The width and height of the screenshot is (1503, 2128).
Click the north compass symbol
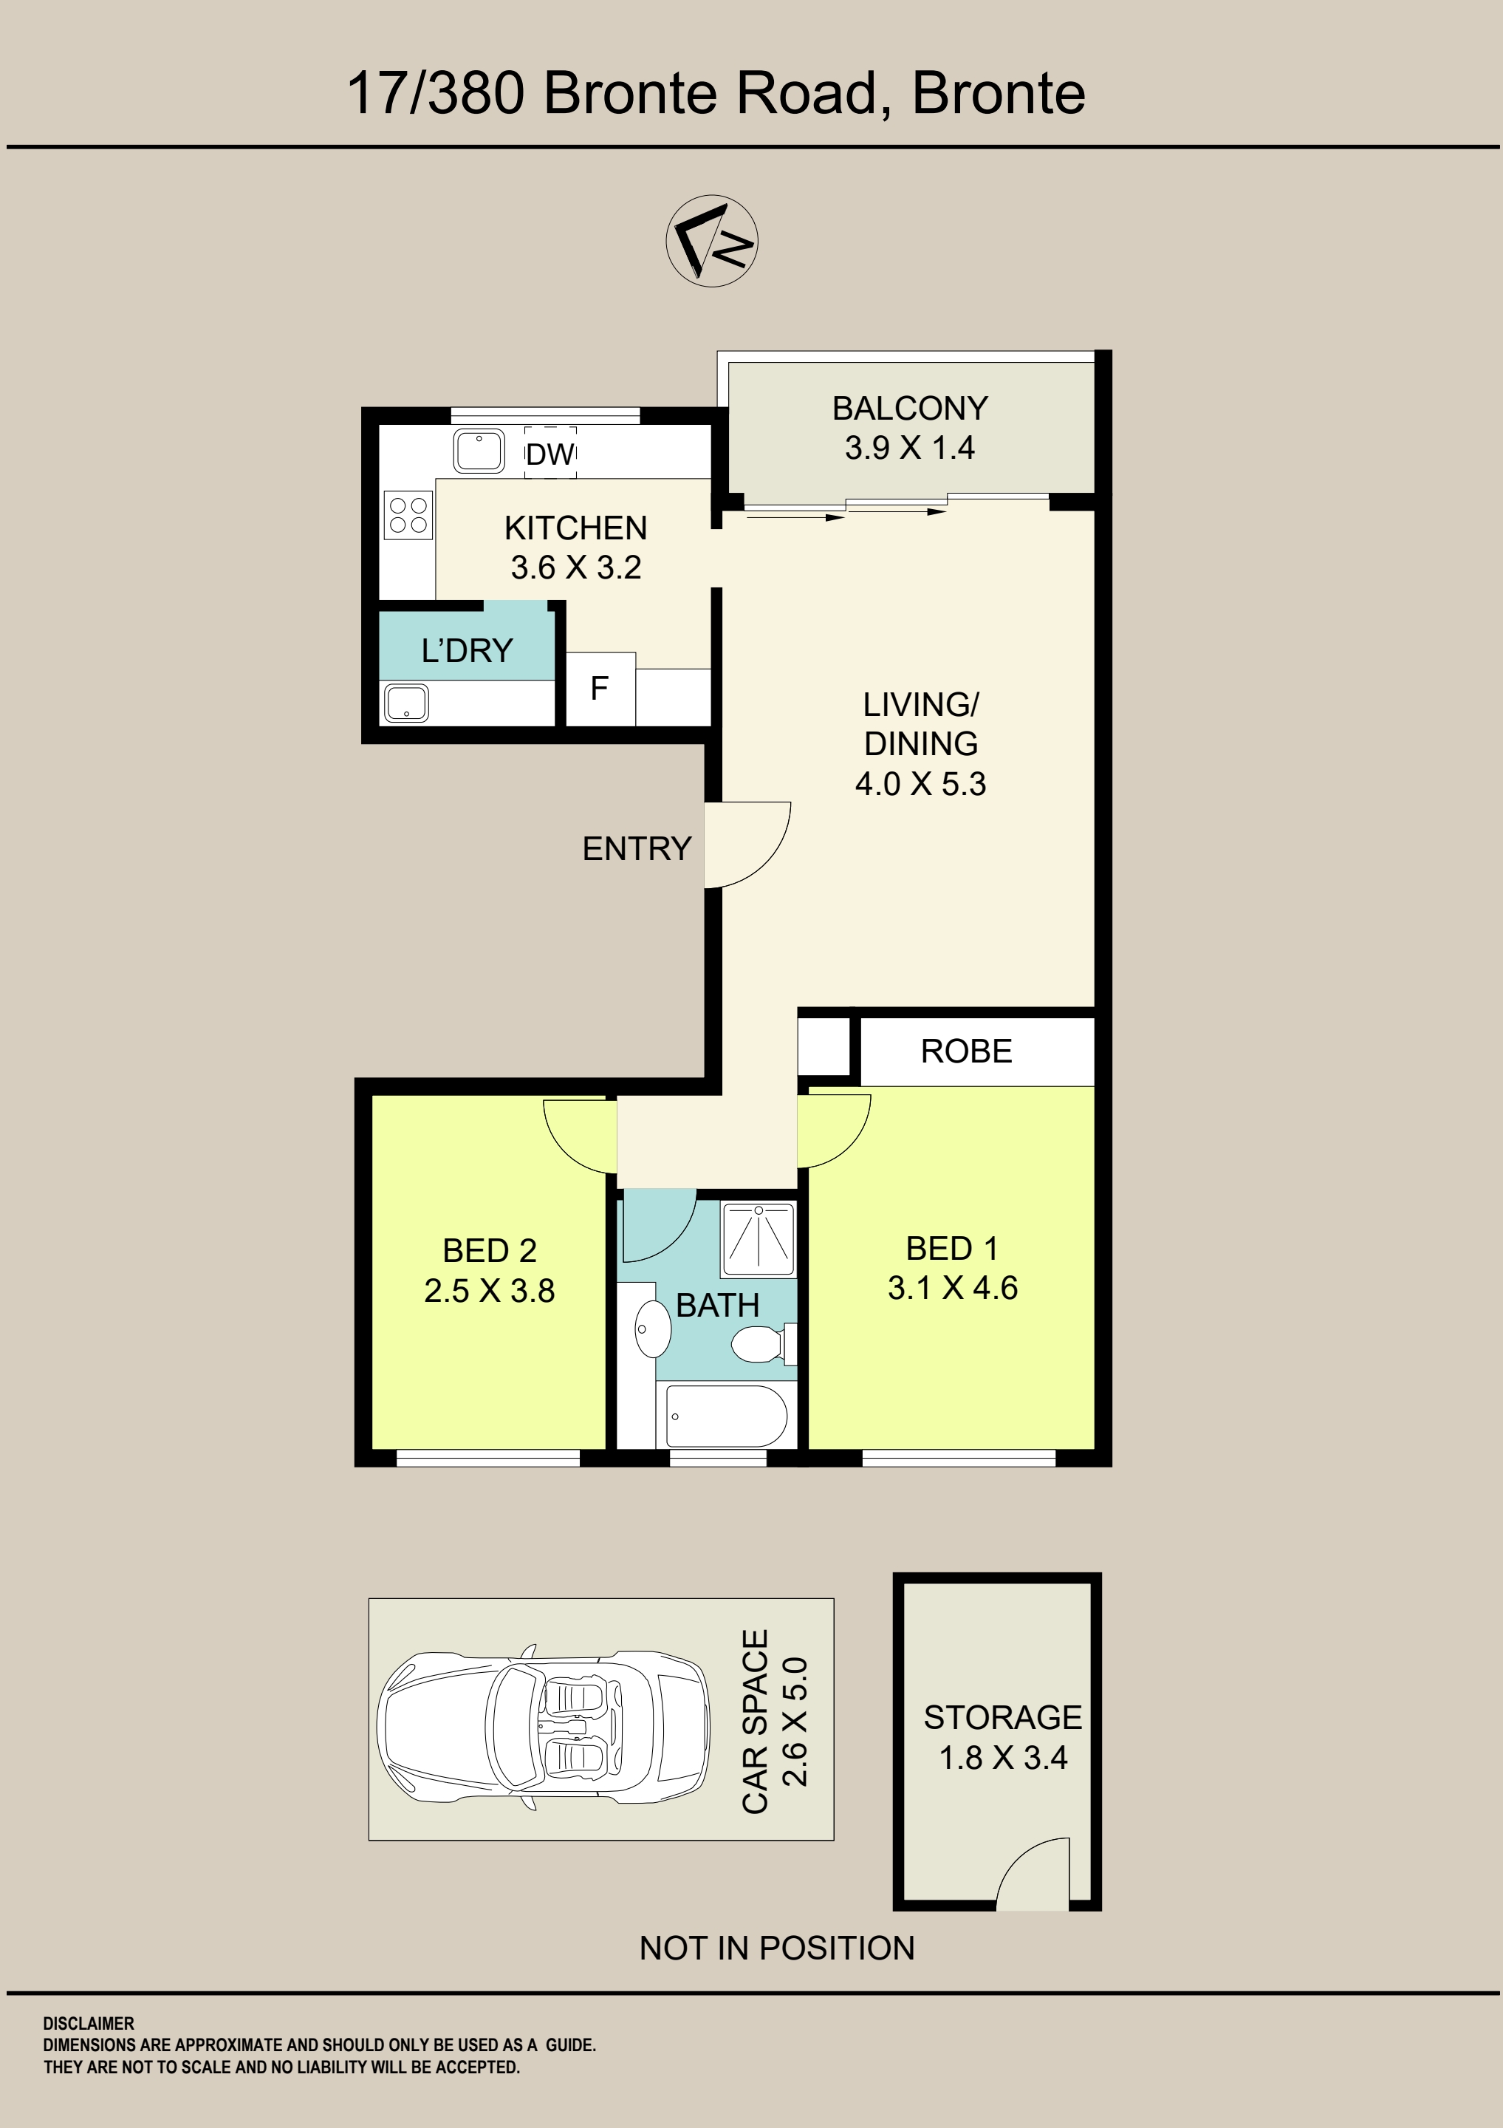(712, 240)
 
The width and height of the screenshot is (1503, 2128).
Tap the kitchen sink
(478, 451)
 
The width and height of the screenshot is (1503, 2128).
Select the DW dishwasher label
(550, 454)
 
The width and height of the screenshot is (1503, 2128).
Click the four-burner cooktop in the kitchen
(408, 515)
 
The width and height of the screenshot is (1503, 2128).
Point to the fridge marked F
(600, 689)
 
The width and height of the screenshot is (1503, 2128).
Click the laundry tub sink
(406, 703)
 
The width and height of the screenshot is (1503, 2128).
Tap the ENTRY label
(637, 848)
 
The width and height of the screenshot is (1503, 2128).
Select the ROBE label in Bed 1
(967, 1051)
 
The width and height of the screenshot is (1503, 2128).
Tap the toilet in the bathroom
(764, 1345)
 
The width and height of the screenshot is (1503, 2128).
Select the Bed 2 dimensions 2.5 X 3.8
(489, 1290)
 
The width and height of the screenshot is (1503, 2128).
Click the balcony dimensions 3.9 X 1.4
(909, 448)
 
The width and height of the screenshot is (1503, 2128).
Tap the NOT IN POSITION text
(776, 1948)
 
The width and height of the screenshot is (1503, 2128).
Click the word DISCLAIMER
(88, 2023)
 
